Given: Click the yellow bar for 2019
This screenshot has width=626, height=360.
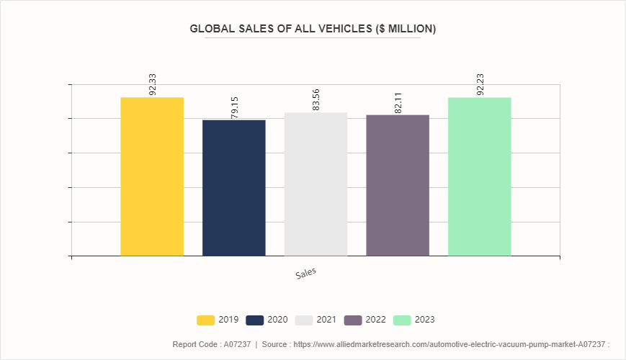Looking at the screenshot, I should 152,176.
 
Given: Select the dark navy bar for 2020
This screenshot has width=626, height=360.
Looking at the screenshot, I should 233,187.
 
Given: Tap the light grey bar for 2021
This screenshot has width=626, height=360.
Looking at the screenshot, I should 316,184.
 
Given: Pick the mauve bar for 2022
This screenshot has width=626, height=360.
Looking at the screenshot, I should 398,185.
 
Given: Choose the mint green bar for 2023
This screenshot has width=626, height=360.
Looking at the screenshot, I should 479,176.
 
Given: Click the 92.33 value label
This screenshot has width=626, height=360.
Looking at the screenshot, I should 153,84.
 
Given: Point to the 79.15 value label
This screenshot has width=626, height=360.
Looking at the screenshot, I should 234,107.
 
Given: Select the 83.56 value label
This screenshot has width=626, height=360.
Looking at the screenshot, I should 316,99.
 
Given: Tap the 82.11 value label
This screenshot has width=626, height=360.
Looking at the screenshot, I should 398,102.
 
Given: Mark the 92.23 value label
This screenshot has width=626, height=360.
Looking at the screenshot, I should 480,84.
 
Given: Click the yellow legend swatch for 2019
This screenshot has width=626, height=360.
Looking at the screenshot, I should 205,320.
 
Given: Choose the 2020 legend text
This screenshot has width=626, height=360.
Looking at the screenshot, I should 278,320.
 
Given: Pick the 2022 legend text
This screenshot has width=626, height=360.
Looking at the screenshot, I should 376,320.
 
